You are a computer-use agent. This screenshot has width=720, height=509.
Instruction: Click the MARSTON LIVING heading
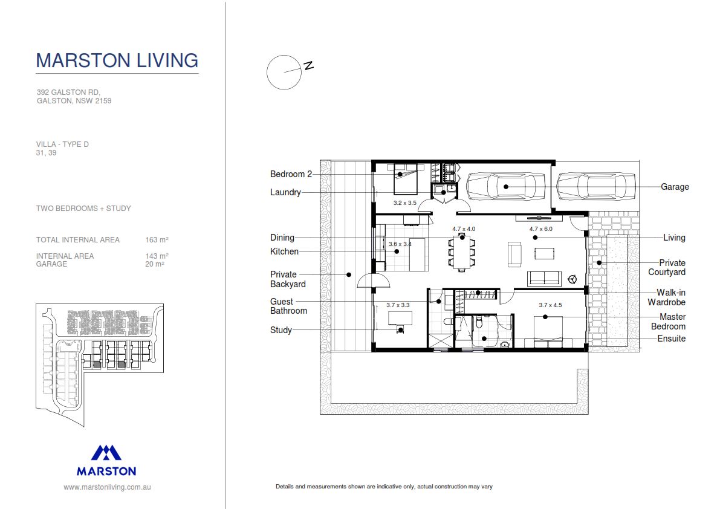point(117,60)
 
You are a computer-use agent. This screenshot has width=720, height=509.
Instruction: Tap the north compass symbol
point(284,73)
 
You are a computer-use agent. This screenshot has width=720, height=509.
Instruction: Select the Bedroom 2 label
point(291,174)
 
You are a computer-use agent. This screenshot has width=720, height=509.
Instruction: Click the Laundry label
point(285,192)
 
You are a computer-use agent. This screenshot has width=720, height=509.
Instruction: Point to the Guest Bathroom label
point(288,306)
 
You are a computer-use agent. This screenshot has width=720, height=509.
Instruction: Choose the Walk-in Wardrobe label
point(666,297)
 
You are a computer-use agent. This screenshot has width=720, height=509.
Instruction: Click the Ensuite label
point(671,339)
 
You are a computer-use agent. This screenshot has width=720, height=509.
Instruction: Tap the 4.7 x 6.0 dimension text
point(540,229)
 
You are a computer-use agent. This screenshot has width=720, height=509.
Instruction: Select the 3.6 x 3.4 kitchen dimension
point(400,244)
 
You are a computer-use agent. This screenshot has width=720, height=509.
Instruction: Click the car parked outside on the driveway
point(595,186)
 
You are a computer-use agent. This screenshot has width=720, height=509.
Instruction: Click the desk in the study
point(399,317)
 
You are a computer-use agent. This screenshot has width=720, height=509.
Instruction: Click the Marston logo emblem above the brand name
point(106,453)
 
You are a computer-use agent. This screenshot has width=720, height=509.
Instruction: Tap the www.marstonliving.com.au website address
point(107,487)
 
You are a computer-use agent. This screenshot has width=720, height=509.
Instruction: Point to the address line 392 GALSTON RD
point(68,92)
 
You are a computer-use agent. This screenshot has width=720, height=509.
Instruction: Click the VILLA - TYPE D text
point(62,144)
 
